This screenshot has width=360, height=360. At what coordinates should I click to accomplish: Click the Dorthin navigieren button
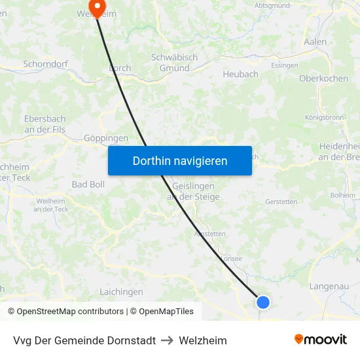180,160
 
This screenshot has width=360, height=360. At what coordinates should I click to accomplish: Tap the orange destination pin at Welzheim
98,9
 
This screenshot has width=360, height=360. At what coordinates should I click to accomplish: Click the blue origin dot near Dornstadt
263,302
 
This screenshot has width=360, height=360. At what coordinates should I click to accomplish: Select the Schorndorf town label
46,64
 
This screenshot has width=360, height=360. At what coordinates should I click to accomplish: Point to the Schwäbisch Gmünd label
174,63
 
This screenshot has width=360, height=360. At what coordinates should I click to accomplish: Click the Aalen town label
315,42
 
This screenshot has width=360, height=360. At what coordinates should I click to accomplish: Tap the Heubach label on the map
240,75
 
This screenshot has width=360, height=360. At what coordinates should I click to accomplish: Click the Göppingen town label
106,139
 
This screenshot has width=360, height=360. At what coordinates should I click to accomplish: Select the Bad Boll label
88,185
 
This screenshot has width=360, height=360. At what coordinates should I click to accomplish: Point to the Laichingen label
121,292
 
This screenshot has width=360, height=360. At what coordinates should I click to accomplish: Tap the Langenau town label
329,286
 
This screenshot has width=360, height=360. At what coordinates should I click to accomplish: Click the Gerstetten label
281,202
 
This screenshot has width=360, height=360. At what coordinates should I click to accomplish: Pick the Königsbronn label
325,118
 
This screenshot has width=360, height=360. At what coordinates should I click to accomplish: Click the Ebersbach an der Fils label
45,124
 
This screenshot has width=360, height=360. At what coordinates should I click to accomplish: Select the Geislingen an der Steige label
191,191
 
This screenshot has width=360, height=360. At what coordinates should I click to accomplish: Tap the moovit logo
320,340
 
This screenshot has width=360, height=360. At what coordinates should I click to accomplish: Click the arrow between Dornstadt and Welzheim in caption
167,341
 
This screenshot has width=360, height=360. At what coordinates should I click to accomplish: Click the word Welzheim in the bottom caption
203,341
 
